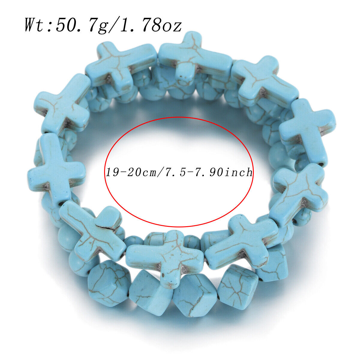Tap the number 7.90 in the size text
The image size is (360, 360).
(204, 172)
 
